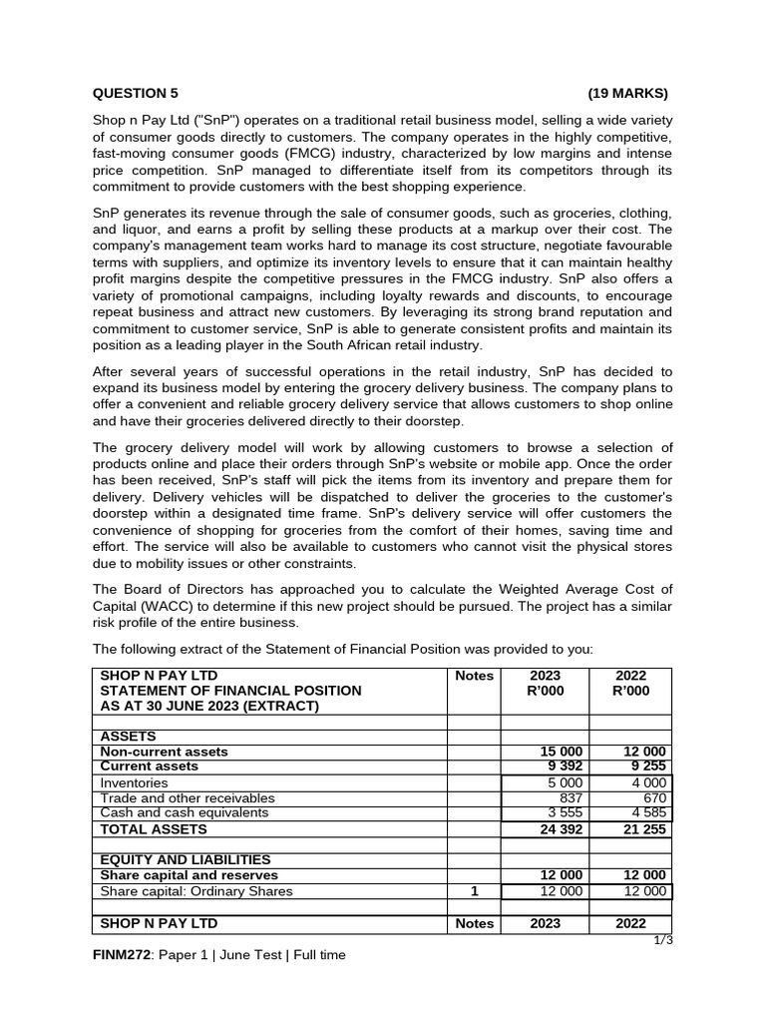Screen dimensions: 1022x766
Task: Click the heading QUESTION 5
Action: coord(136,94)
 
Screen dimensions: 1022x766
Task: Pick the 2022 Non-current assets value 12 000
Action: coord(645,752)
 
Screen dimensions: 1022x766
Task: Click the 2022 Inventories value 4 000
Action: coord(650,783)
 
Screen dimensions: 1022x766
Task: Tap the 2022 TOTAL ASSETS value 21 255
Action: coord(645,829)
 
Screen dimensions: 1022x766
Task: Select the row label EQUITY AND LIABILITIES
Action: coord(186,859)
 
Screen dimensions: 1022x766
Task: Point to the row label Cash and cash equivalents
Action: coord(185,813)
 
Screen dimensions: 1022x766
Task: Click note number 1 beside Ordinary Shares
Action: coord(475,891)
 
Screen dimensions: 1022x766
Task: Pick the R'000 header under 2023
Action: coord(546,691)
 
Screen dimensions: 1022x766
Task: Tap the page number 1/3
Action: coord(663,940)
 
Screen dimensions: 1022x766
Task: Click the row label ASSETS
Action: coord(128,737)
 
